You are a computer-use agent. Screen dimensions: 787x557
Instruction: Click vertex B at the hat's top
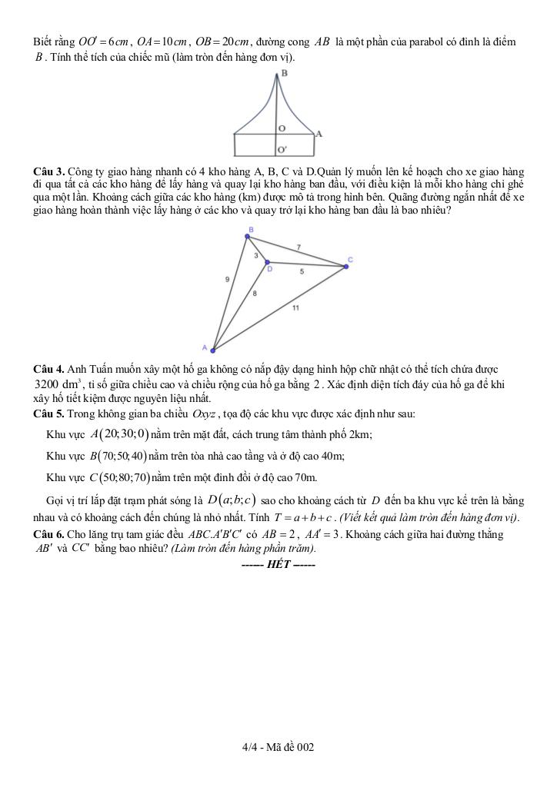(284, 73)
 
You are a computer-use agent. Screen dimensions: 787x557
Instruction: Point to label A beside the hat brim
(319, 134)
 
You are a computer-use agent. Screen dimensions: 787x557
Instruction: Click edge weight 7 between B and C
(299, 246)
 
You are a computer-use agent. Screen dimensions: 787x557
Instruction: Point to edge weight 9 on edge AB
(227, 280)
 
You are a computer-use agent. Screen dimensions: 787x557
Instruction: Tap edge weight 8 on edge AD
(255, 294)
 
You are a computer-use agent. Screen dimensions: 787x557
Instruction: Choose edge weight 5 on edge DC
(302, 271)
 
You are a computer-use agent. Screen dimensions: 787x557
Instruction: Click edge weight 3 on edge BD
(255, 255)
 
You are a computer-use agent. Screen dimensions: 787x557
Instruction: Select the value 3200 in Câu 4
(52, 384)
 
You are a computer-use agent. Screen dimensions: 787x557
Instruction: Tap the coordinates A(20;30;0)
(119, 434)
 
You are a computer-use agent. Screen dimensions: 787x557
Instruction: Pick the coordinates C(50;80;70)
(119, 478)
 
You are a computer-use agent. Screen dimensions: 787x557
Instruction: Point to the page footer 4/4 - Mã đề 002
(278, 746)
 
